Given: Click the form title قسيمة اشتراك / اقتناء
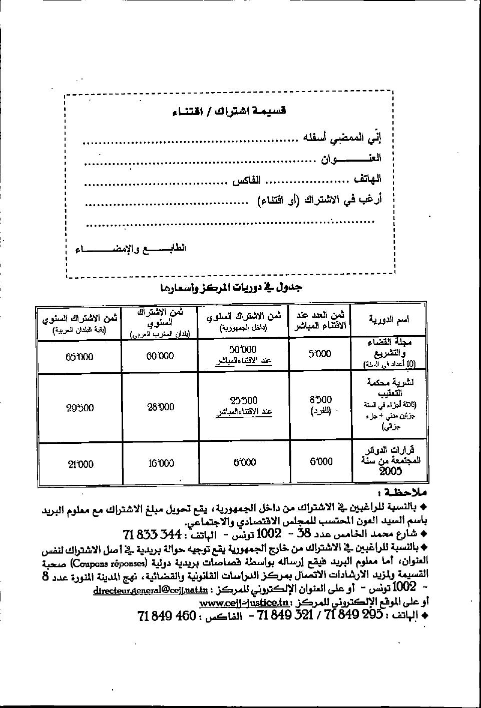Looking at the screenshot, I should coord(228,111).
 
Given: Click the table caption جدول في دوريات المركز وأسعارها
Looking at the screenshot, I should coord(231,288).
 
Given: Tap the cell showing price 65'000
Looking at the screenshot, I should coord(79,357).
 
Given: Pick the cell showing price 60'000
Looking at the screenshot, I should coord(160,356).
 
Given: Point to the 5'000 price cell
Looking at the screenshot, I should coord(320,354).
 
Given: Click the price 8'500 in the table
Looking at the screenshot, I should coord(320,400).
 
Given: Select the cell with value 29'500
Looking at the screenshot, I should coord(79,407).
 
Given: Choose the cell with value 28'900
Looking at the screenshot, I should coord(161,407).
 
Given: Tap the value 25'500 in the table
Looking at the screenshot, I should coord(244,400).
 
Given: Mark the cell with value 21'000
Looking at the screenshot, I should coord(80,464).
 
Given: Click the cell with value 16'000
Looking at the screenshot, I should coord(161,463).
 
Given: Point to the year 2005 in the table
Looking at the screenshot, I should coord(390,471).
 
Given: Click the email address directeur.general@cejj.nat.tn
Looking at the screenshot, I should coord(150,590).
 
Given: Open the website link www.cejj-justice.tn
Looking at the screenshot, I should coord(244,602).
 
